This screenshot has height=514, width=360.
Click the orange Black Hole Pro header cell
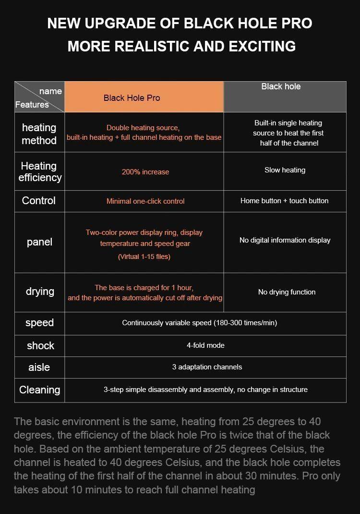tap(144, 97)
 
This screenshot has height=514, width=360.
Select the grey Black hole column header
tap(285, 97)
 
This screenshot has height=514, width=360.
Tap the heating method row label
tap(39, 134)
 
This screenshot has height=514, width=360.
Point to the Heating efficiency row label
tap(40, 171)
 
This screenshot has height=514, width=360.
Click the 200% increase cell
tap(145, 171)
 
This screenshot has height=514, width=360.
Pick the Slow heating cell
tap(285, 170)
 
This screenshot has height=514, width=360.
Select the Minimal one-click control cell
tap(145, 201)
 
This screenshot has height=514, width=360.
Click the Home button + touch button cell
tap(285, 201)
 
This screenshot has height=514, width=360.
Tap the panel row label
tap(39, 242)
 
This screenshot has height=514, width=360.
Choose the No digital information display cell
tap(285, 240)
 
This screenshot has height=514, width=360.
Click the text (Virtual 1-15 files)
tap(144, 257)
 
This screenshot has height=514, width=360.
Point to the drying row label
tap(40, 292)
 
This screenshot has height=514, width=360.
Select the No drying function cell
tap(287, 292)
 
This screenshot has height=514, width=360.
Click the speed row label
tap(39, 323)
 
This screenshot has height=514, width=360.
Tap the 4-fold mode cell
tap(205, 345)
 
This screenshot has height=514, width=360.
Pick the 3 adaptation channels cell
tap(207, 367)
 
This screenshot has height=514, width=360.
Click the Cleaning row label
tap(39, 390)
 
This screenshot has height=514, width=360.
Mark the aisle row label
tap(39, 367)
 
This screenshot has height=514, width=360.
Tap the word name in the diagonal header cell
tap(50, 91)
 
